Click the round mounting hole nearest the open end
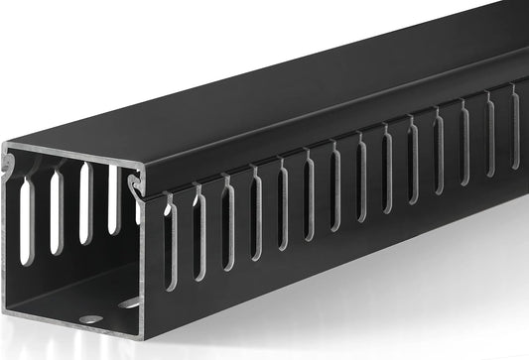(89, 319)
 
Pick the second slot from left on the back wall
(56, 209)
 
